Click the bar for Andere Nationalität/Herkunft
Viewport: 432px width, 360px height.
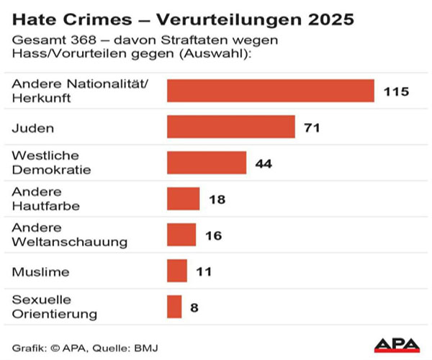tap(271, 91)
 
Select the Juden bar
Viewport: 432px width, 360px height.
tap(231, 127)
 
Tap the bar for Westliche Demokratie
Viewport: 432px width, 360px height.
tap(207, 163)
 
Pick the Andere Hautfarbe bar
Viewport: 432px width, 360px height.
tap(183, 199)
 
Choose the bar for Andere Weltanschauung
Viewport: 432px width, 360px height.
tap(181, 235)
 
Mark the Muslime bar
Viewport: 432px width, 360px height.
tap(177, 271)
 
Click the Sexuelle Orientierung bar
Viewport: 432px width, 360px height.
tap(174, 307)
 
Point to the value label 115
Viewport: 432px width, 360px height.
tap(396, 91)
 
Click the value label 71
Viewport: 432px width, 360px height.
tap(311, 127)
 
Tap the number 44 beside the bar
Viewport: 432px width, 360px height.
tap(264, 163)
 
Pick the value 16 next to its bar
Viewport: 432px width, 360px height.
tap(213, 235)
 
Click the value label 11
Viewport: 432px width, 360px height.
tap(204, 271)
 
